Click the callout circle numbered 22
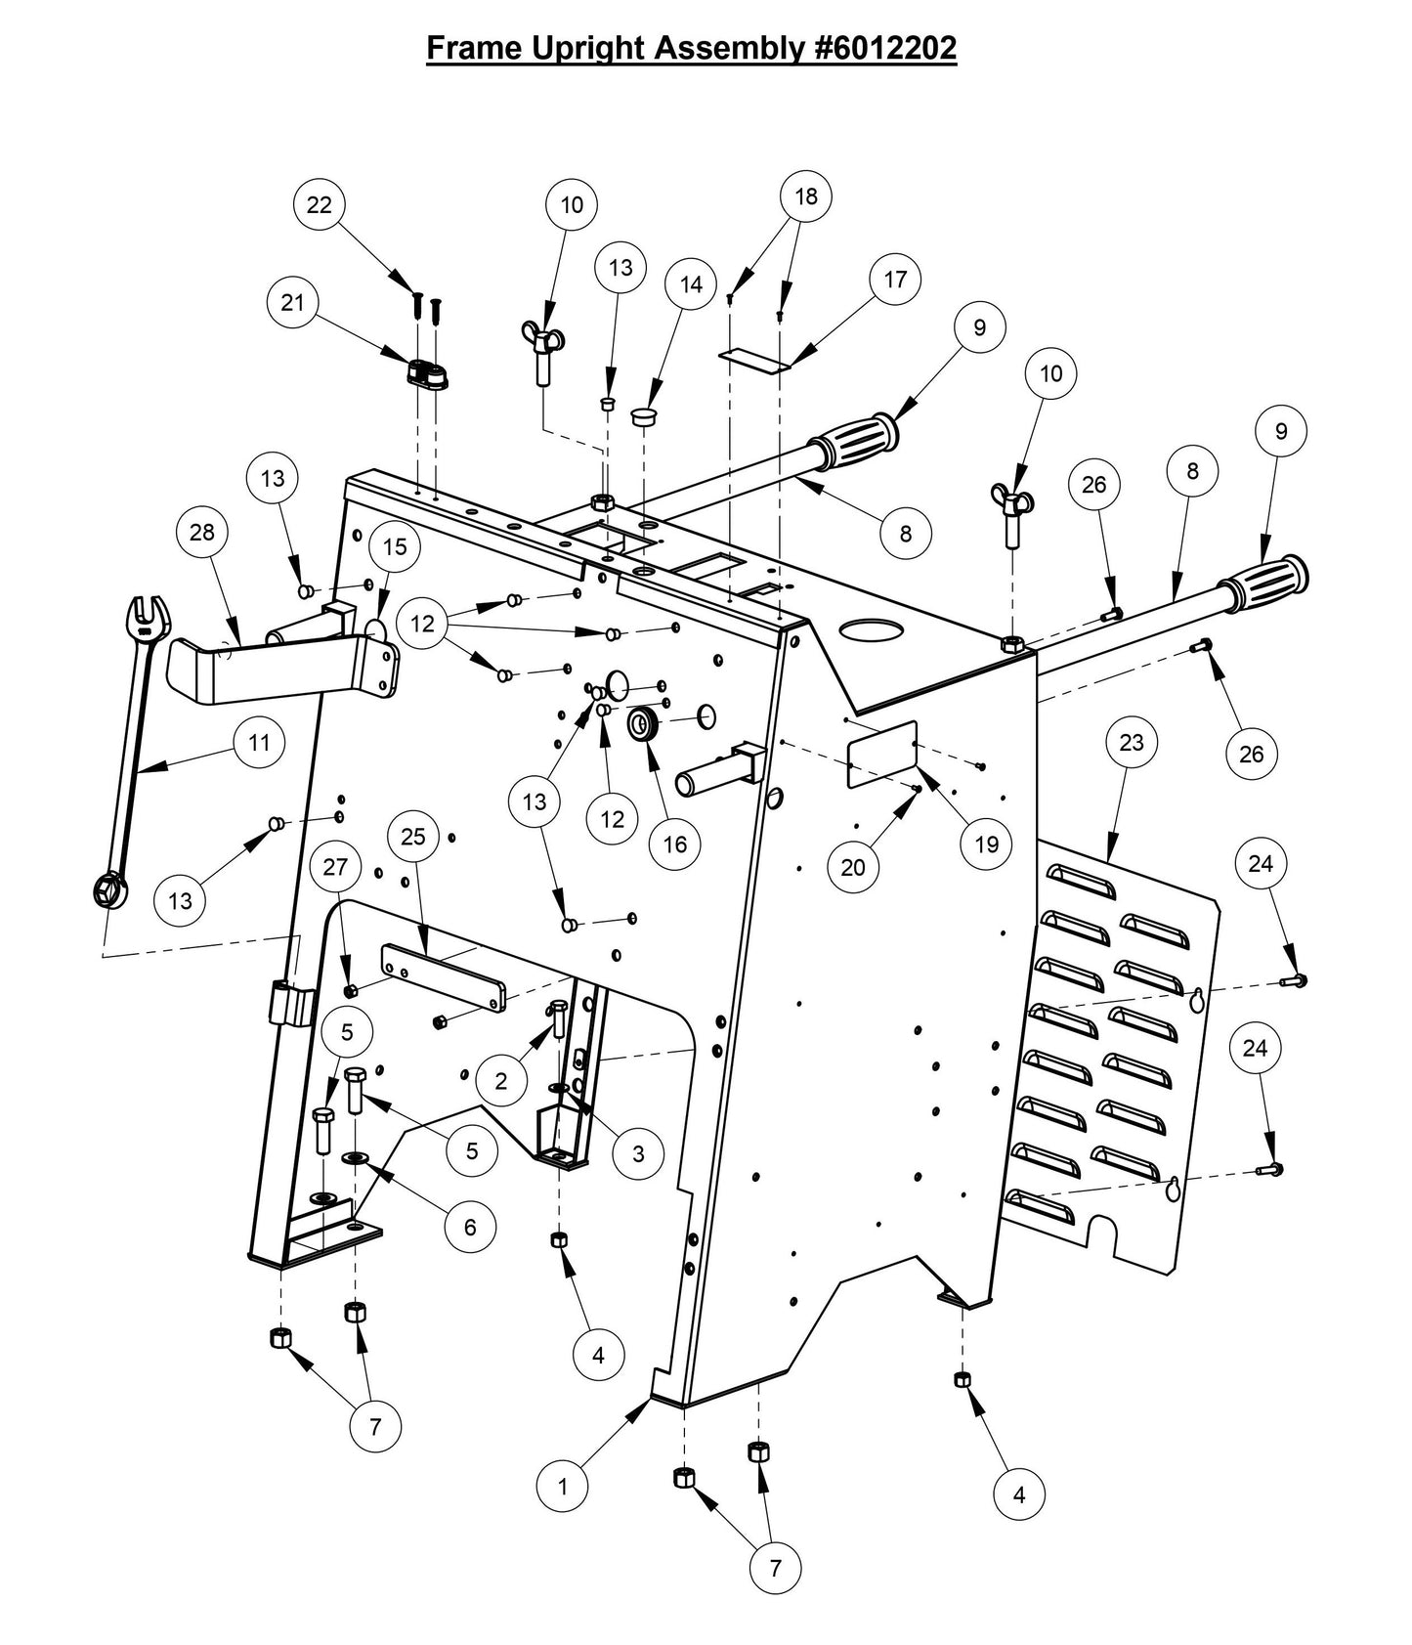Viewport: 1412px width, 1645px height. pyautogui.click(x=320, y=204)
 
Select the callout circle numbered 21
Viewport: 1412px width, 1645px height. pyautogui.click(x=293, y=303)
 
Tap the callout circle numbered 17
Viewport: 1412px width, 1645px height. pyautogui.click(x=895, y=280)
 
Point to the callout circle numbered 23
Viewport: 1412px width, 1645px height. pyautogui.click(x=1131, y=743)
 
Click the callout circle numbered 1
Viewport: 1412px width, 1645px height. pyautogui.click(x=563, y=1487)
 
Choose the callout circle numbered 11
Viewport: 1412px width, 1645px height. pyautogui.click(x=259, y=743)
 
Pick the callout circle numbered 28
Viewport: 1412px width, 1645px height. pyautogui.click(x=202, y=533)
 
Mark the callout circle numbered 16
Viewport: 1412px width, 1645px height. pyautogui.click(x=675, y=844)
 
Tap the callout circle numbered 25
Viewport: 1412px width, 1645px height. pyautogui.click(x=413, y=837)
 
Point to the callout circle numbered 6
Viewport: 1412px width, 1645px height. pyautogui.click(x=470, y=1226)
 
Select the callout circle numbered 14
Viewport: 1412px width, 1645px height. pyautogui.click(x=691, y=284)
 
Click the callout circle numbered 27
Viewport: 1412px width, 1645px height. pyautogui.click(x=335, y=867)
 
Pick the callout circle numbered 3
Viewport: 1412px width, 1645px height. pyautogui.click(x=638, y=1153)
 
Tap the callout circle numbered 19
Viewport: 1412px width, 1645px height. pyautogui.click(x=987, y=844)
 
